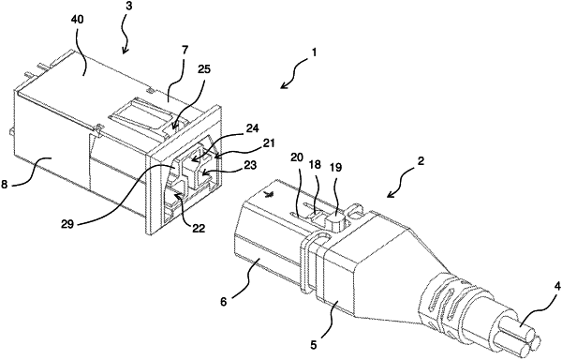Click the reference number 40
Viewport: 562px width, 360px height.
coord(78,20)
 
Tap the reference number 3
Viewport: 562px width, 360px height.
coord(128,7)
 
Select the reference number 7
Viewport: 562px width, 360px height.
coord(185,50)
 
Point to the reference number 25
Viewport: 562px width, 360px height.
coord(203,69)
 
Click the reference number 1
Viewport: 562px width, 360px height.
coord(314,52)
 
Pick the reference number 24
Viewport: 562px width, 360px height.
coord(252,128)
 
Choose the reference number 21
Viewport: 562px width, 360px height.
coord(268,143)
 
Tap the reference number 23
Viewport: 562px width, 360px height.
coord(250,165)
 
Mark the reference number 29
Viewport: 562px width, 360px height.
coord(67,224)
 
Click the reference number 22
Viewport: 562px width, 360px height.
coord(198,228)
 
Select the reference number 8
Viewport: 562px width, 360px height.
coord(4,185)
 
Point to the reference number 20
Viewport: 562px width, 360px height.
coord(297,157)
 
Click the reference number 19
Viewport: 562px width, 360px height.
coord(335,167)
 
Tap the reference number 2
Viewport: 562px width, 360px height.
coord(421,161)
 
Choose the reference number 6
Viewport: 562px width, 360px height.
coord(223,302)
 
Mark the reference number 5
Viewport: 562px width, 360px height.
coord(313,345)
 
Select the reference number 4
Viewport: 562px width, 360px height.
coord(556,288)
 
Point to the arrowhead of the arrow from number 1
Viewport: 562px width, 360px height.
coord(284,86)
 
